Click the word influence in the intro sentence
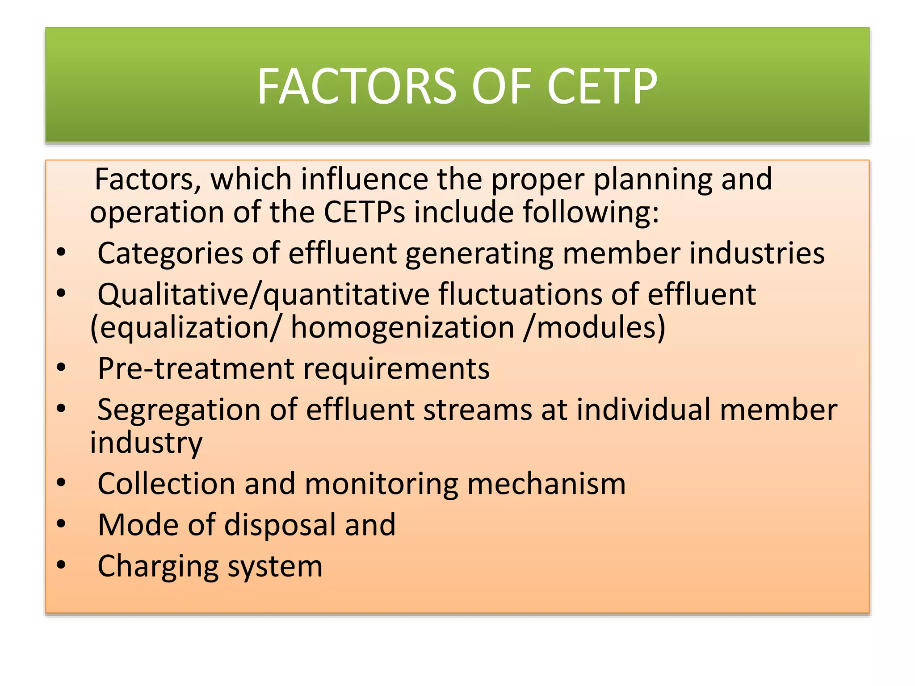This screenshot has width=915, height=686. [x=364, y=180]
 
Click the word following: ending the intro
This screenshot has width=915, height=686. [x=591, y=213]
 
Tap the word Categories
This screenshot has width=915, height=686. [x=170, y=254]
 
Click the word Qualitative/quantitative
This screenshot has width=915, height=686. [x=264, y=295]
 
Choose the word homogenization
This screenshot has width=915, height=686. [x=403, y=328]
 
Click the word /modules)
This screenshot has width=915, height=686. [x=595, y=328]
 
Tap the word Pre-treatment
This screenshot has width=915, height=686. [x=196, y=369]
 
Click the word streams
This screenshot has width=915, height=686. [x=478, y=410]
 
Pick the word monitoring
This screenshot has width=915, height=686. [x=382, y=484]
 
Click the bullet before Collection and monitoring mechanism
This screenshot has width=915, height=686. [x=61, y=482]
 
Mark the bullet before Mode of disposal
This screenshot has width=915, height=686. [x=61, y=523]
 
